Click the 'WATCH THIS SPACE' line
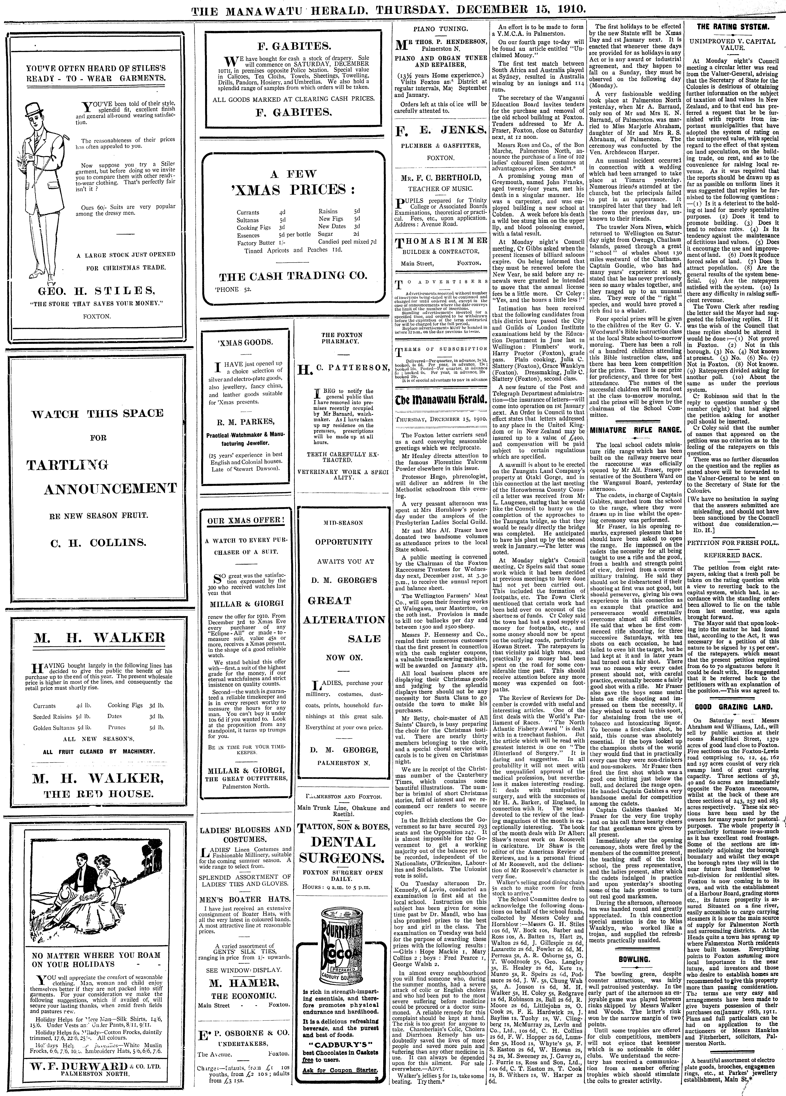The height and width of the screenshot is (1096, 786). click(x=98, y=414)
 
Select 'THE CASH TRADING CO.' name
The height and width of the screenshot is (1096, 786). click(x=293, y=276)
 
